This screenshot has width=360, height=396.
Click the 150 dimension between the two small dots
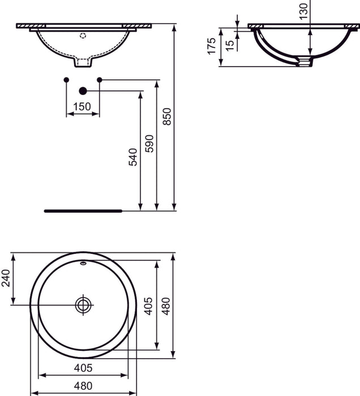click(83, 106)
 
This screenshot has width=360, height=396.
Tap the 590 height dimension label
click(149, 144)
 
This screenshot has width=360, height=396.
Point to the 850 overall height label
click(166, 117)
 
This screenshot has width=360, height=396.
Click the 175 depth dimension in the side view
click(212, 46)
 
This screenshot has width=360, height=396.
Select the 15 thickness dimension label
click(229, 45)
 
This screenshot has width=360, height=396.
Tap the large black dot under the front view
click(83, 91)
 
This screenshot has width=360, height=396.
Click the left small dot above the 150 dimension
click(67, 79)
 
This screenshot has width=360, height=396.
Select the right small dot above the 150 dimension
click(100, 79)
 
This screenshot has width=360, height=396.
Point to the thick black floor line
click(83, 210)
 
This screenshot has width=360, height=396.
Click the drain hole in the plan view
click(83, 304)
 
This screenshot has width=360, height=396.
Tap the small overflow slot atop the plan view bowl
click(83, 262)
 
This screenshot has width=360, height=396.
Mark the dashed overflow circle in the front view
click(83, 35)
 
